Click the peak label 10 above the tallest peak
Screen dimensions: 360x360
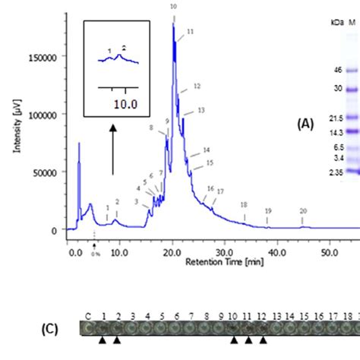tap(173, 6)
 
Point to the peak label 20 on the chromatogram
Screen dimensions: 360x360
tap(303, 210)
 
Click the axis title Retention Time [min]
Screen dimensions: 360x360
tap(219, 261)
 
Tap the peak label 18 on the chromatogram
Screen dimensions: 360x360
tap(243, 204)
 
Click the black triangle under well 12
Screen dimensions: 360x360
tap(262, 340)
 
